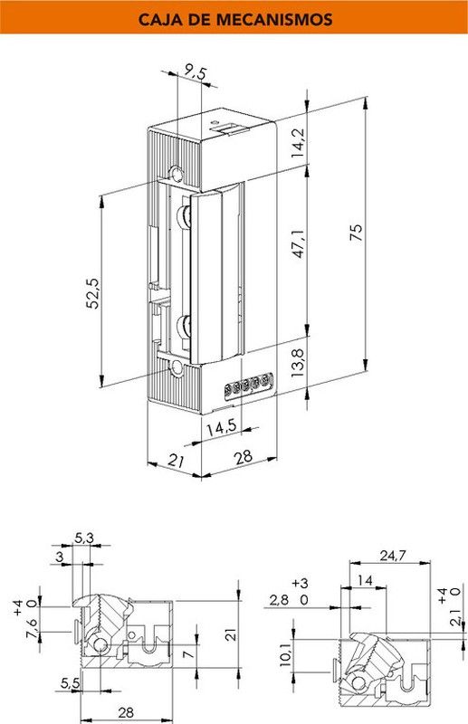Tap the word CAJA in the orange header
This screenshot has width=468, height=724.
click(x=158, y=18)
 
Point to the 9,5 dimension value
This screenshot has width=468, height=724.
click(x=195, y=70)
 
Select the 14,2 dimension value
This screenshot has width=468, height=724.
click(x=297, y=142)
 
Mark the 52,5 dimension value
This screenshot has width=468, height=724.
click(x=91, y=295)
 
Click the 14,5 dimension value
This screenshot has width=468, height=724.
click(x=220, y=427)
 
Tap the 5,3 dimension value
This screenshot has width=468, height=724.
click(x=84, y=538)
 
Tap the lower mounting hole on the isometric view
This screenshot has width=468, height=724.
click(x=177, y=370)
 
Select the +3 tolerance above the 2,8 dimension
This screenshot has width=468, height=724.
click(x=301, y=582)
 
